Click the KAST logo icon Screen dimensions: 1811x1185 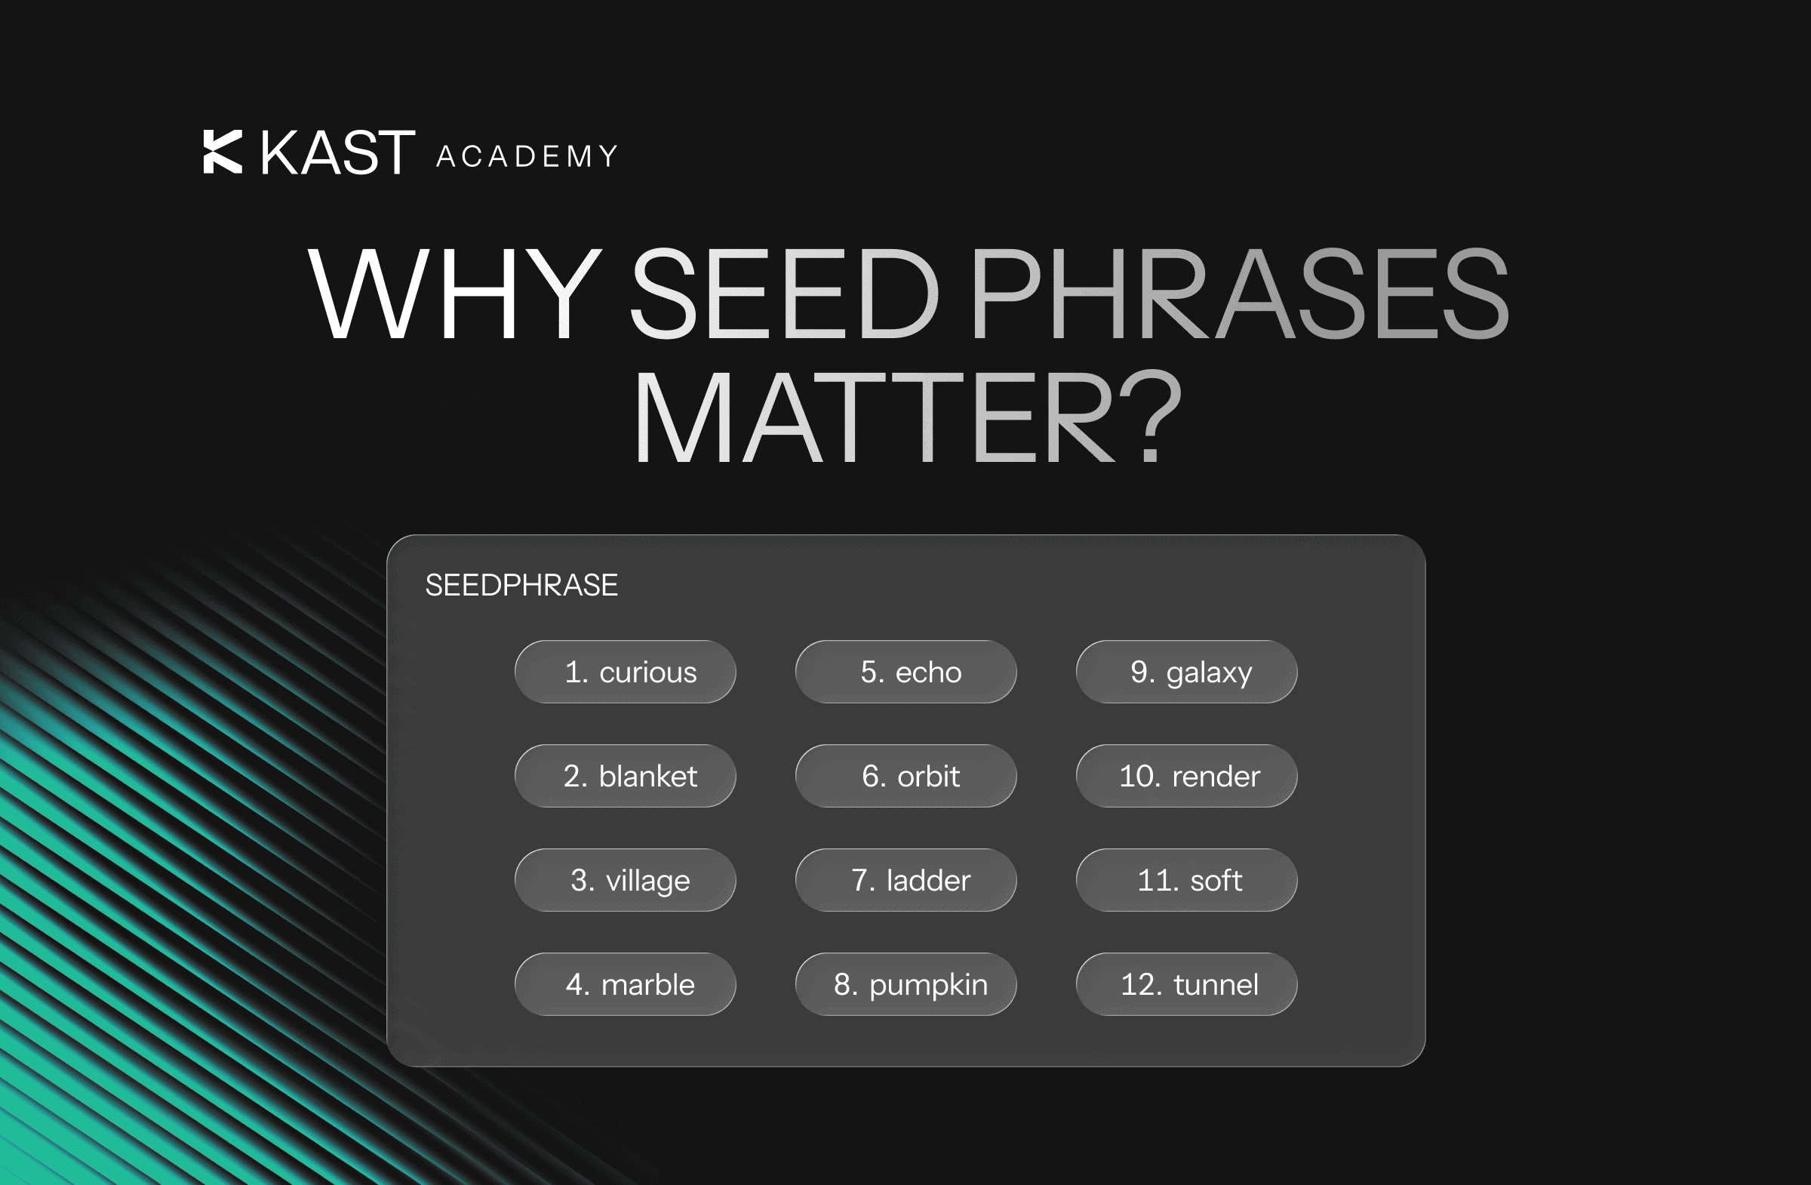click(222, 152)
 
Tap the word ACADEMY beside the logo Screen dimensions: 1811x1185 click(527, 156)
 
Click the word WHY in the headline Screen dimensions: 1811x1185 click(455, 294)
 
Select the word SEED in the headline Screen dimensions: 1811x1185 click(784, 294)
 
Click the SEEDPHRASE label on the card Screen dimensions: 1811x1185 click(521, 585)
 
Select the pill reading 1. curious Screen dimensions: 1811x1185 click(626, 671)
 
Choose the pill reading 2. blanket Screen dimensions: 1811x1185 click(626, 776)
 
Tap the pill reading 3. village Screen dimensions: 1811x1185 click(626, 880)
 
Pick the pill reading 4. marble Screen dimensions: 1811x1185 click(626, 984)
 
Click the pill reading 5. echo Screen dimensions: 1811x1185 click(906, 671)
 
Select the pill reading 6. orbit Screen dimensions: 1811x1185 click(906, 776)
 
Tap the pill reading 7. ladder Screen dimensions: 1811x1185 click(906, 880)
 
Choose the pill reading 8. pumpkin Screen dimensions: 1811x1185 click(906, 984)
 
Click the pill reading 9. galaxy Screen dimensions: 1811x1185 click(1187, 671)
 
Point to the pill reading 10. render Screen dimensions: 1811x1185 click(1187, 776)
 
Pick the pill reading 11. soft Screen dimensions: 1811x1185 click(1187, 880)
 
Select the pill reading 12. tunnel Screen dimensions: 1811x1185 click(1187, 984)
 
